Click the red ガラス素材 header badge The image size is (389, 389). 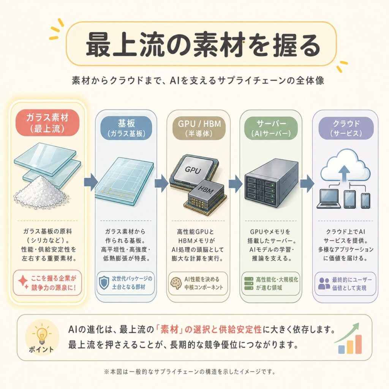point(47,123)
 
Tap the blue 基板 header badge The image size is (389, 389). point(126,128)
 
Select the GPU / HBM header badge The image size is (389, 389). point(199,128)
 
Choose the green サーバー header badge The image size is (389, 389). point(271,128)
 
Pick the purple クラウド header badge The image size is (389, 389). point(346,128)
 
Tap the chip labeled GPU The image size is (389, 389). point(193,171)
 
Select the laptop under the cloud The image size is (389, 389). point(329,199)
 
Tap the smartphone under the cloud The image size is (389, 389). point(365,201)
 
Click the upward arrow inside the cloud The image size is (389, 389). point(344,173)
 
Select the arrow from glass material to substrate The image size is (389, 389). point(90,182)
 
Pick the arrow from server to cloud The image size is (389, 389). point(307,183)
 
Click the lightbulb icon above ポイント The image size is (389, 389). point(42,335)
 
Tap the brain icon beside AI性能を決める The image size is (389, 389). point(176,283)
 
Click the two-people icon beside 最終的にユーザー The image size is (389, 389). point(324,283)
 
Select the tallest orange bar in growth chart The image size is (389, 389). point(358,344)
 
